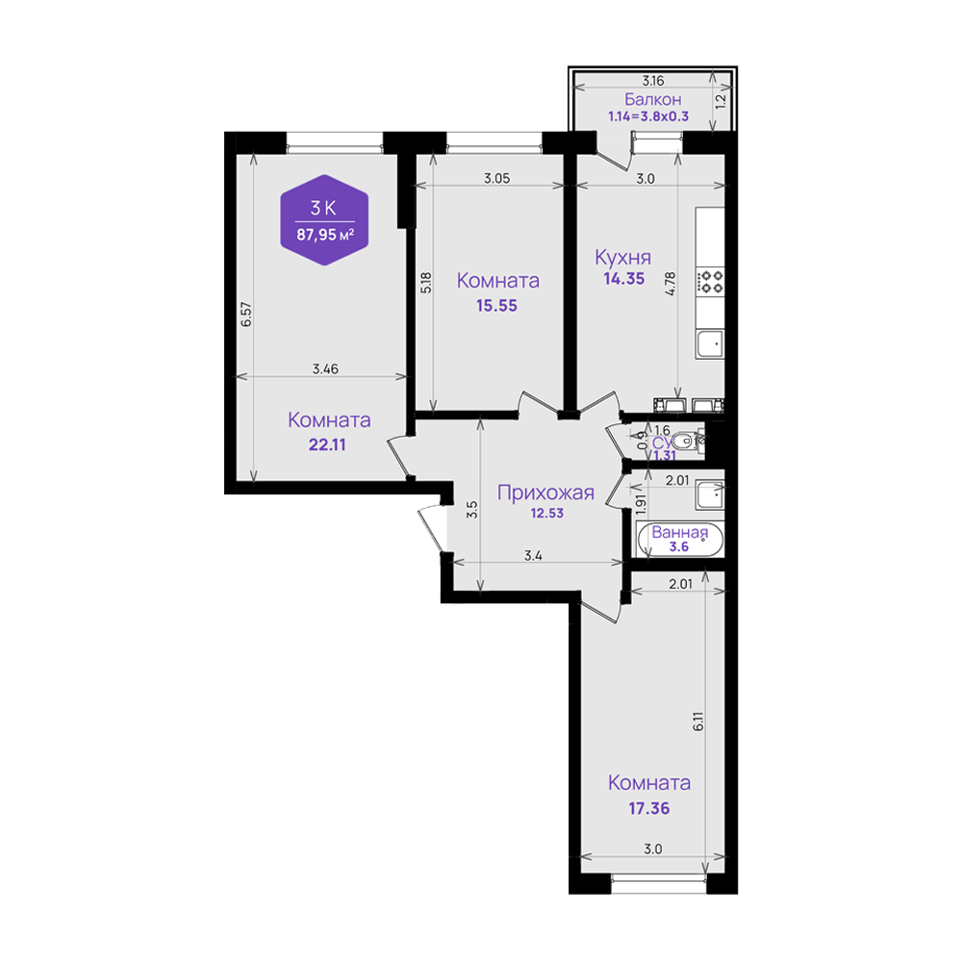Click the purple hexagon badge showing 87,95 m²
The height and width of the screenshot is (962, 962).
pyautogui.click(x=324, y=219)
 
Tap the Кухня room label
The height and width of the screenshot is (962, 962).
pyautogui.click(x=622, y=258)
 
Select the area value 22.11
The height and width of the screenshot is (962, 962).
pyautogui.click(x=327, y=444)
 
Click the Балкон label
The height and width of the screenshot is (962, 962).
pyautogui.click(x=653, y=99)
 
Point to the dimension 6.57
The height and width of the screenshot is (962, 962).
pyautogui.click(x=246, y=315)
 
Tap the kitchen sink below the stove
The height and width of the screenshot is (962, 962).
pyautogui.click(x=710, y=343)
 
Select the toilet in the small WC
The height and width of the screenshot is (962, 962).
pyautogui.click(x=687, y=441)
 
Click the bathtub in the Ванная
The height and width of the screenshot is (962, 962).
pyautogui.click(x=680, y=540)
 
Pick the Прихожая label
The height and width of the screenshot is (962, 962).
pyautogui.click(x=545, y=493)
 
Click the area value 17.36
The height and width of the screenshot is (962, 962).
pyautogui.click(x=648, y=809)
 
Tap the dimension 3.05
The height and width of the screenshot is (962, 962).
pyautogui.click(x=496, y=179)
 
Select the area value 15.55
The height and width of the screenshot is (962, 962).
pyautogui.click(x=496, y=306)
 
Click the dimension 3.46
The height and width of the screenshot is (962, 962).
pyautogui.click(x=325, y=368)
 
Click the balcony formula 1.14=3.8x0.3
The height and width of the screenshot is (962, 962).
pyautogui.click(x=648, y=116)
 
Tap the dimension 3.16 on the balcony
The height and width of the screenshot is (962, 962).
pyautogui.click(x=653, y=81)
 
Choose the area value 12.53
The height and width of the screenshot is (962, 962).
pyautogui.click(x=546, y=513)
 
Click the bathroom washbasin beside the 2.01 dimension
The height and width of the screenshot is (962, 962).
pyautogui.click(x=710, y=494)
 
